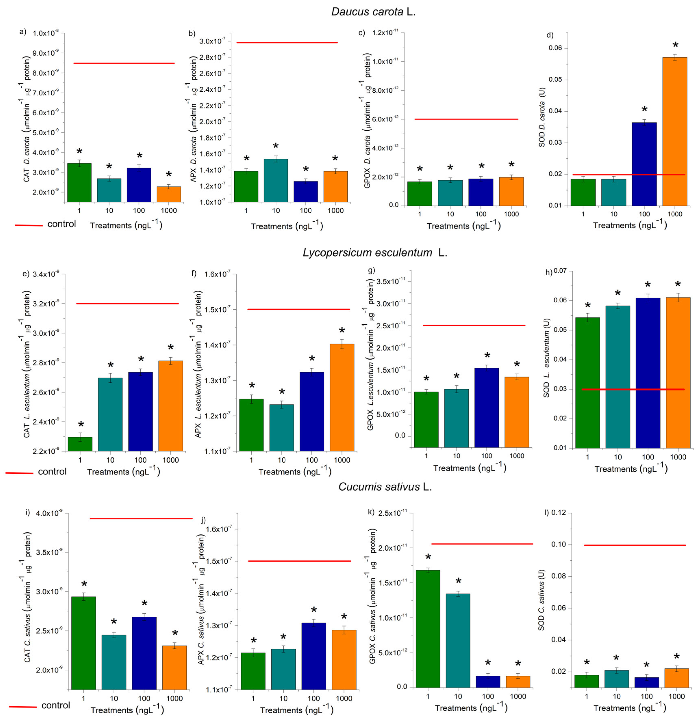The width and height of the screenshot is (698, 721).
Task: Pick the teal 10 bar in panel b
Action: [276, 180]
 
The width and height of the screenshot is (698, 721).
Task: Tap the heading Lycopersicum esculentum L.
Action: [375, 253]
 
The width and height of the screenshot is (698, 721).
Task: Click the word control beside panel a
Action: [61, 224]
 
